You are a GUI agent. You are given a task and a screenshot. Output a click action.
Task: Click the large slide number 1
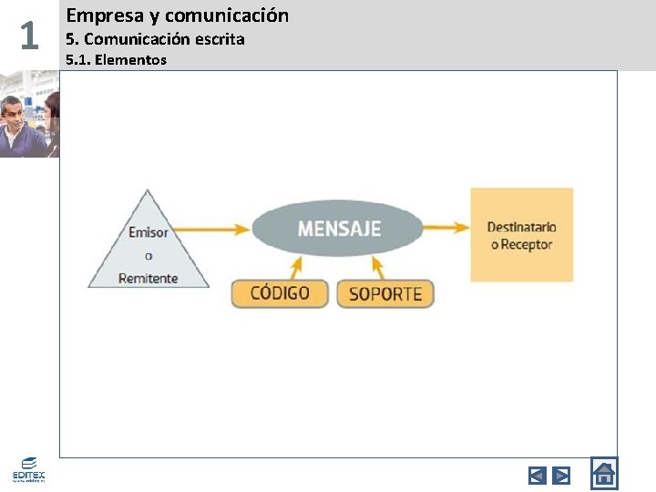pos(29,36)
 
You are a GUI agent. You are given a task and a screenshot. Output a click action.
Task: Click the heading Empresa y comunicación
pos(178,15)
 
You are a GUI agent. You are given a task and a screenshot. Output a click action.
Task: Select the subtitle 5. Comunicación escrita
pos(155,39)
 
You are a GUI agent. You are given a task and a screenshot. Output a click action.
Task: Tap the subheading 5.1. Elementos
pos(117,60)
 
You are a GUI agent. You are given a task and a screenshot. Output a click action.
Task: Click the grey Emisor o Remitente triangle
pos(149,251)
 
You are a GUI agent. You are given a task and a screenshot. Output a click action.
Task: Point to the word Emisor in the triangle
pos(149,232)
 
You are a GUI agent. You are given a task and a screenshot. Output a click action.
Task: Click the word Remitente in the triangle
pos(149,278)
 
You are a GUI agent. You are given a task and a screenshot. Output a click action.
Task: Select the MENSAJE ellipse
pos(338,228)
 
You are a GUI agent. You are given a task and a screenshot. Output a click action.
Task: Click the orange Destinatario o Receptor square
pos(522,234)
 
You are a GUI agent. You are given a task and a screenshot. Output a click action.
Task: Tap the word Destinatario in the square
pos(522,226)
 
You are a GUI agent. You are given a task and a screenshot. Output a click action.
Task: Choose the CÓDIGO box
pos(279,293)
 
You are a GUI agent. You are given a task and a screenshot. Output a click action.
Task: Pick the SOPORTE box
pos(385,293)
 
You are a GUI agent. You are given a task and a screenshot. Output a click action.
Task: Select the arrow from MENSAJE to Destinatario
pos(446,228)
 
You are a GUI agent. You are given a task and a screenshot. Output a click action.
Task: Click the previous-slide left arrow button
pos(538,475)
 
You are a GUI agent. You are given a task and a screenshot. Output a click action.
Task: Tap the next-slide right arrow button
pos(561,475)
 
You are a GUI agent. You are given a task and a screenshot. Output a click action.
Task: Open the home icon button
pos(604,474)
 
